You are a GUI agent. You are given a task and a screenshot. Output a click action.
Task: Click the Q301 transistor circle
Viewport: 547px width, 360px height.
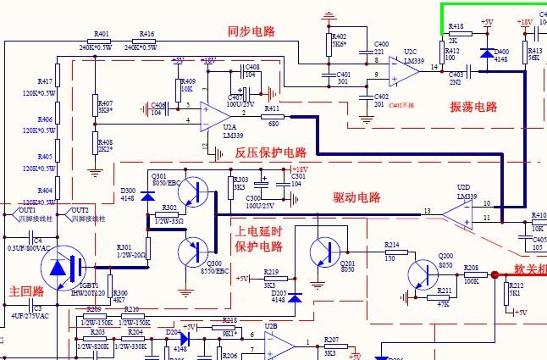coord(198,193)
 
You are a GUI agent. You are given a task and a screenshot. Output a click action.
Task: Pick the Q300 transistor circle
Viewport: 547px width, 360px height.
coord(195,252)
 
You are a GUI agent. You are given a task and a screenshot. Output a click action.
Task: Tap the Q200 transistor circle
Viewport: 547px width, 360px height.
coord(423,274)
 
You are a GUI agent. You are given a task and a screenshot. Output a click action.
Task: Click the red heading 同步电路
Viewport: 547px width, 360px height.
coord(251,31)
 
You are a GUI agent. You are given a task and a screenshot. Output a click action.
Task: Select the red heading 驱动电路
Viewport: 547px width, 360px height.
coord(356,198)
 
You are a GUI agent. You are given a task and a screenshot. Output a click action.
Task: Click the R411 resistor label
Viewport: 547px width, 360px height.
coord(271,109)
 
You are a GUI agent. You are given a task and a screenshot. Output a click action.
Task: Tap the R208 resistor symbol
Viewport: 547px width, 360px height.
coord(471,274)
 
